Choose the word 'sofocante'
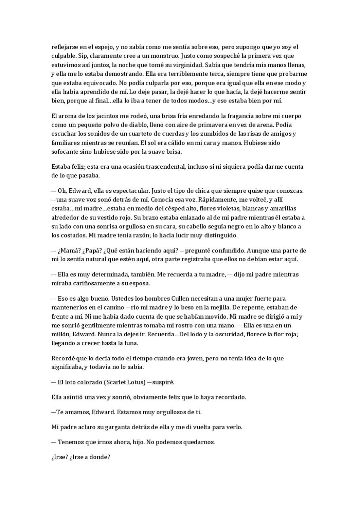point(64,152)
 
